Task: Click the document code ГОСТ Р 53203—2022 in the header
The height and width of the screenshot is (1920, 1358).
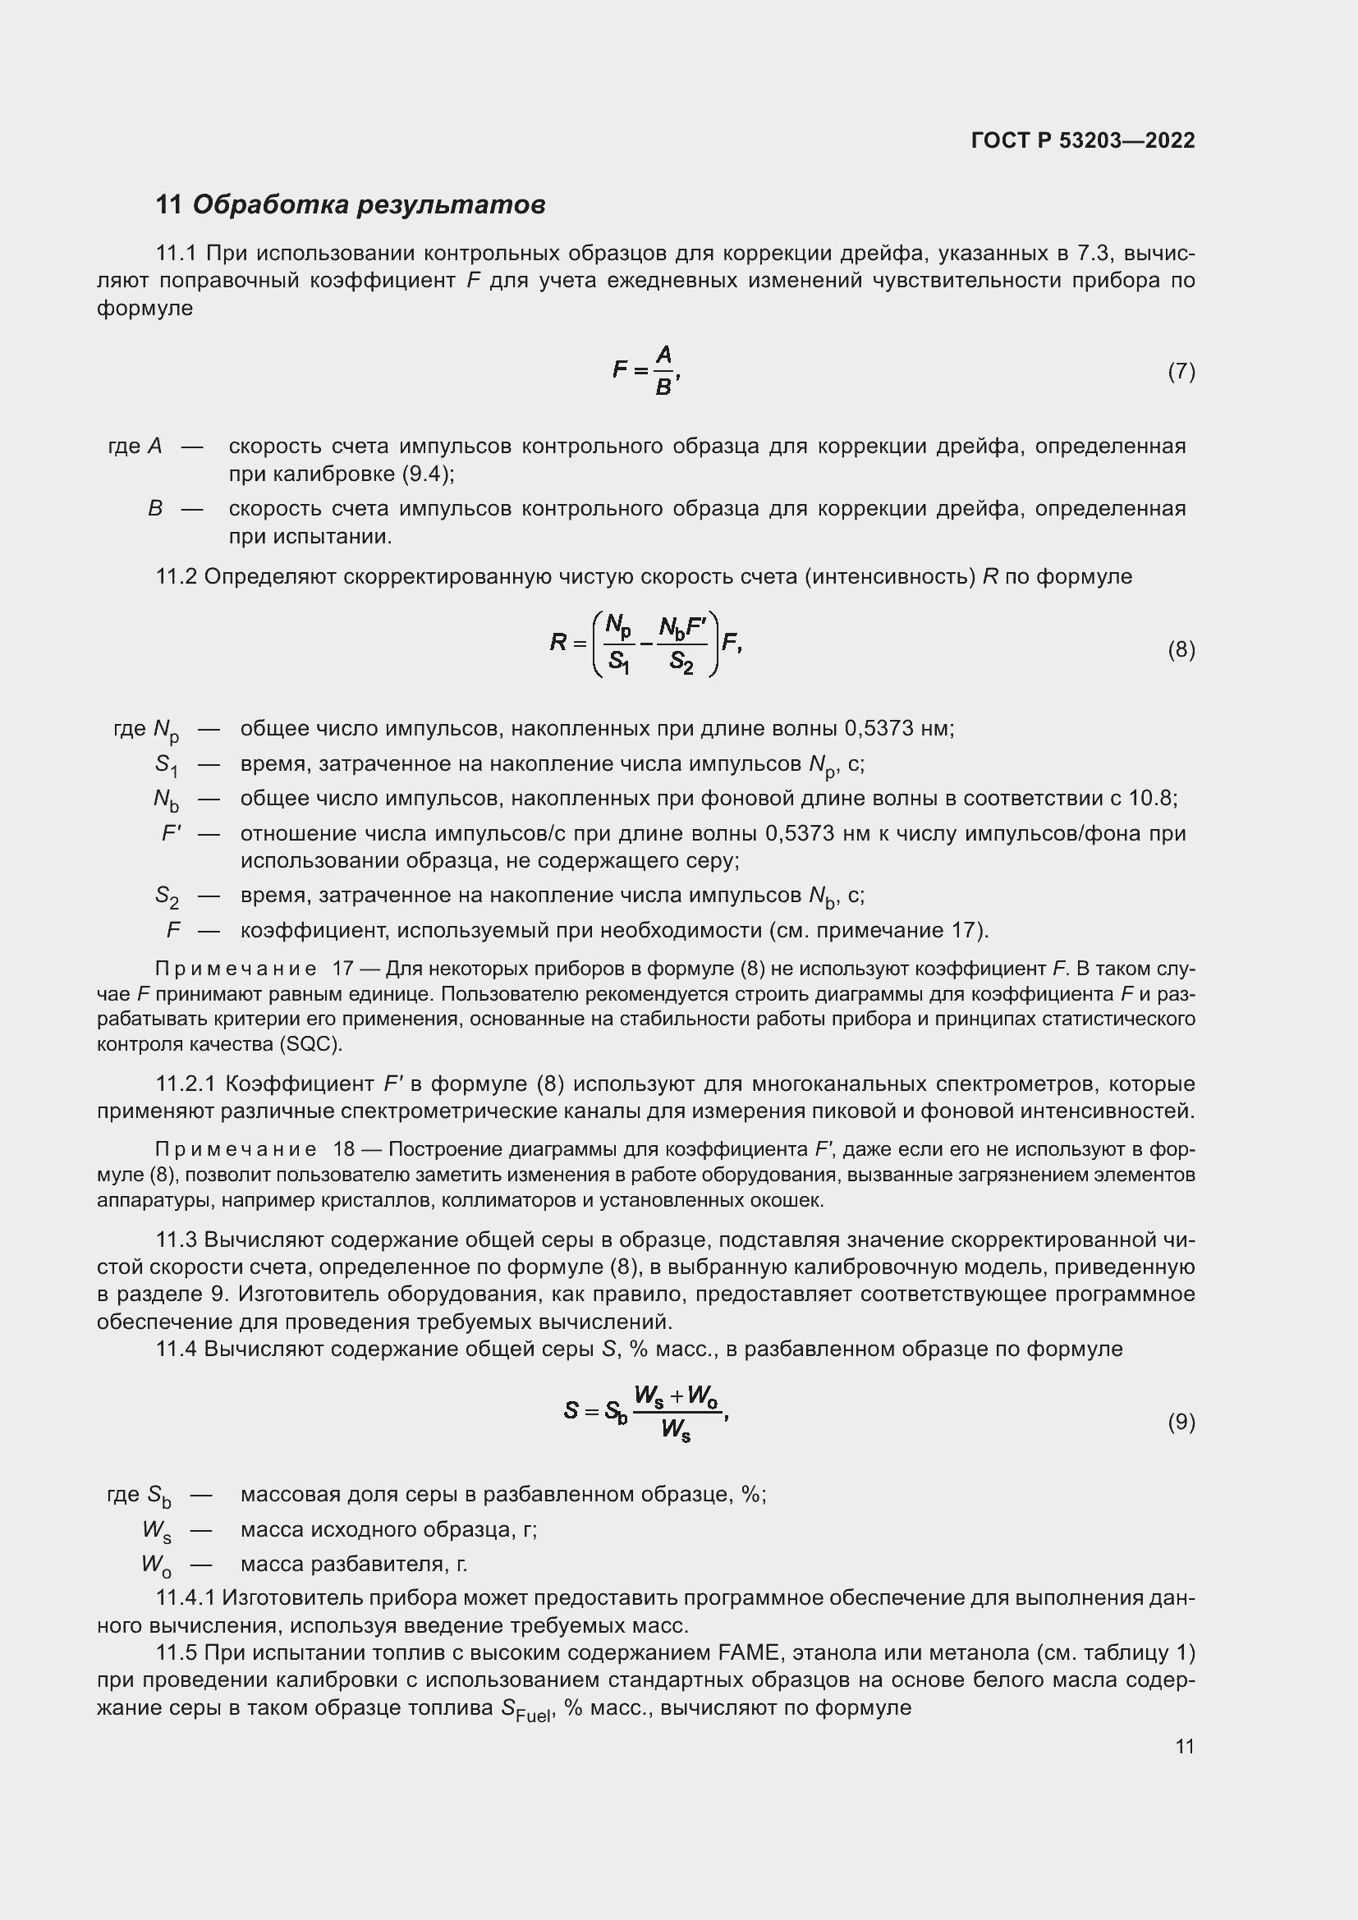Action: (x=1082, y=140)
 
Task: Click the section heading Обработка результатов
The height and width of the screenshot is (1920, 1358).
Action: (x=368, y=205)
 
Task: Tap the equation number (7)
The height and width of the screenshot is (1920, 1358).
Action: (x=1181, y=371)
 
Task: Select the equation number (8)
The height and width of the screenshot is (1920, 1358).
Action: (x=1181, y=650)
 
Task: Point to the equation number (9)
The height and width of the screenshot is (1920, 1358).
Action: (x=1181, y=1422)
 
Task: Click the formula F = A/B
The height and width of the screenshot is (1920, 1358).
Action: (x=646, y=370)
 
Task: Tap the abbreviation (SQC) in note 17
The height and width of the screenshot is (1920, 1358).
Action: (x=311, y=1044)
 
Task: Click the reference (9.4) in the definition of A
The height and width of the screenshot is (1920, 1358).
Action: (x=426, y=474)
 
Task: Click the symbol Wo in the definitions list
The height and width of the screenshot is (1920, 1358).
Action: (x=155, y=1565)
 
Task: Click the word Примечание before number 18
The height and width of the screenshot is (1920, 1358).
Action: (x=236, y=1150)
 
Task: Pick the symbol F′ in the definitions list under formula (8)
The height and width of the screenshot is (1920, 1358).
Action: (x=172, y=833)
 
